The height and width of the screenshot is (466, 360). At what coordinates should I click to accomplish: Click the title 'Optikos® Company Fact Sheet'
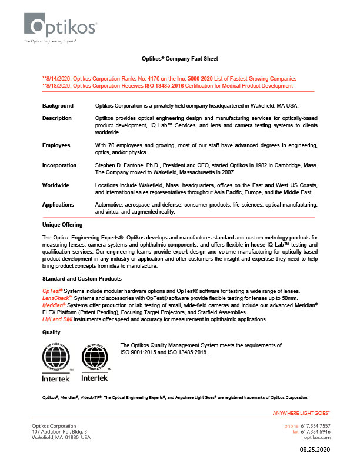click(x=179, y=59)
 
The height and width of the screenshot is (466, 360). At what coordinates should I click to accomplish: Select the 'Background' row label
click(x=58, y=105)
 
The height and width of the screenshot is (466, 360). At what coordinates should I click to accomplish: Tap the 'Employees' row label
click(x=56, y=145)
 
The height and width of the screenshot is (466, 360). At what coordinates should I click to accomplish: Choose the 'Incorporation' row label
click(x=59, y=165)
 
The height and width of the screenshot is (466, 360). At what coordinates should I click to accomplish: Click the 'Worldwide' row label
click(x=55, y=185)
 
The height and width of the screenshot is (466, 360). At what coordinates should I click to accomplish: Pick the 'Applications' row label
click(x=58, y=204)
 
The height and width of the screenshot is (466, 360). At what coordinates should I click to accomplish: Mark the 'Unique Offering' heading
click(x=62, y=225)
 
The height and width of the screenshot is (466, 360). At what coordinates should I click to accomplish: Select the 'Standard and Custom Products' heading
click(x=82, y=278)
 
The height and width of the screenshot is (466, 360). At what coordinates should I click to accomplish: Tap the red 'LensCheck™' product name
click(x=56, y=299)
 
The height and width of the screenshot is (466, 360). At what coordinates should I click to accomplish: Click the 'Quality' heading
click(x=52, y=332)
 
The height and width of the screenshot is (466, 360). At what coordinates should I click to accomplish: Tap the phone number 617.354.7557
click(x=316, y=425)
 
